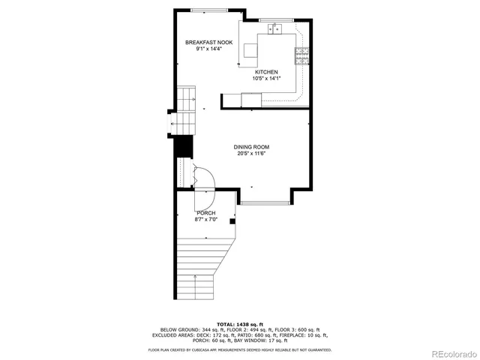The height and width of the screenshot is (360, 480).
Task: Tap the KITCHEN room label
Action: tap(266, 72)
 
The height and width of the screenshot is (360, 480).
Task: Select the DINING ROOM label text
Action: tap(251, 147)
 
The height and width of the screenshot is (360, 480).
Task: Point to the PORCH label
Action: tap(206, 213)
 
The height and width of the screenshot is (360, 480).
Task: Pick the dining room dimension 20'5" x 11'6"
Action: tap(251, 154)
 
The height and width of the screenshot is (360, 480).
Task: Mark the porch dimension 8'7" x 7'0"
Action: tap(206, 219)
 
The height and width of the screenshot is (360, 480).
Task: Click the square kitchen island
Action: tap(248, 50)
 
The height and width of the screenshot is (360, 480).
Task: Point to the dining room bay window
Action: tap(265, 202)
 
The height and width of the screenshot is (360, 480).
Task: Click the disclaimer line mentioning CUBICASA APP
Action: tap(239, 349)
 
